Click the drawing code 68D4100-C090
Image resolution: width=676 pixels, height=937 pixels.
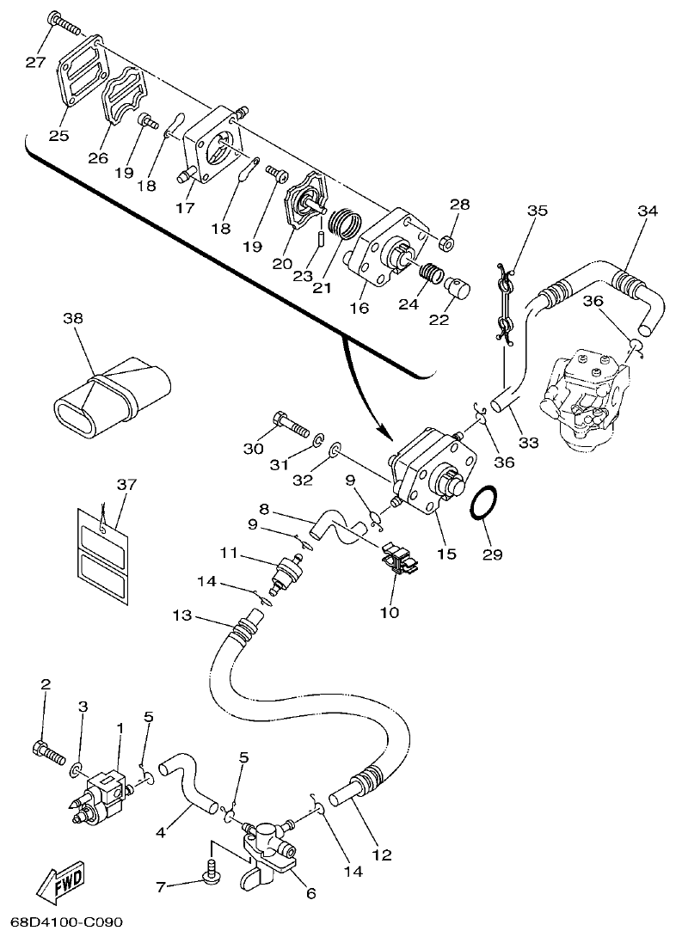coord(61,923)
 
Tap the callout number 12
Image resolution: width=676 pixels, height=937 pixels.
coord(381,855)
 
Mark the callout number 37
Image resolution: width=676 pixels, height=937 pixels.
coord(126,485)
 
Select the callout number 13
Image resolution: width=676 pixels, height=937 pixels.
coord(182,615)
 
